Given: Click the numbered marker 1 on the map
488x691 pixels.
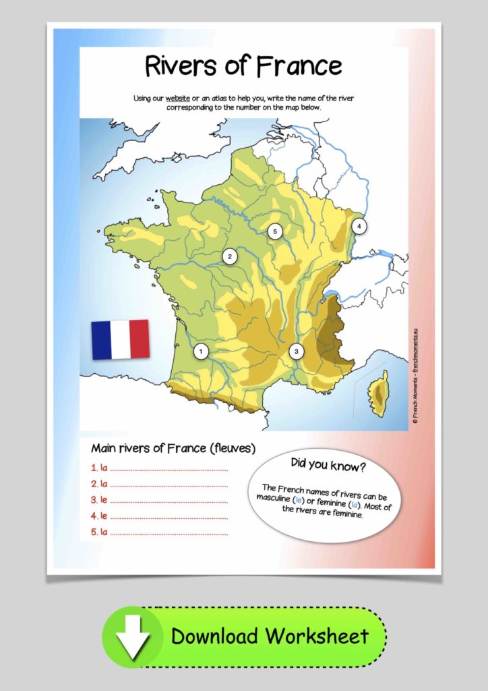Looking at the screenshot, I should pyautogui.click(x=200, y=351).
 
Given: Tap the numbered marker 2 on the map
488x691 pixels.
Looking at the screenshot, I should pyautogui.click(x=231, y=256).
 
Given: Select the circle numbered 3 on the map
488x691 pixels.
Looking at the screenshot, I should pyautogui.click(x=295, y=351).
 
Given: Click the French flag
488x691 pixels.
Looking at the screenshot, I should pyautogui.click(x=120, y=339).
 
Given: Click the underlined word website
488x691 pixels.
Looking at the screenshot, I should pyautogui.click(x=179, y=99).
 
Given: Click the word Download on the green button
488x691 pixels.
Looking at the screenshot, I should pyautogui.click(x=214, y=636).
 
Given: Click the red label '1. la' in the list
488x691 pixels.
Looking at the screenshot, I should pyautogui.click(x=99, y=467).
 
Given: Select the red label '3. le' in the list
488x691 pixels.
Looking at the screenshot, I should pyautogui.click(x=99, y=500).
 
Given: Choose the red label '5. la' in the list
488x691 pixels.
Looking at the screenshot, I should pyautogui.click(x=99, y=532).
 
